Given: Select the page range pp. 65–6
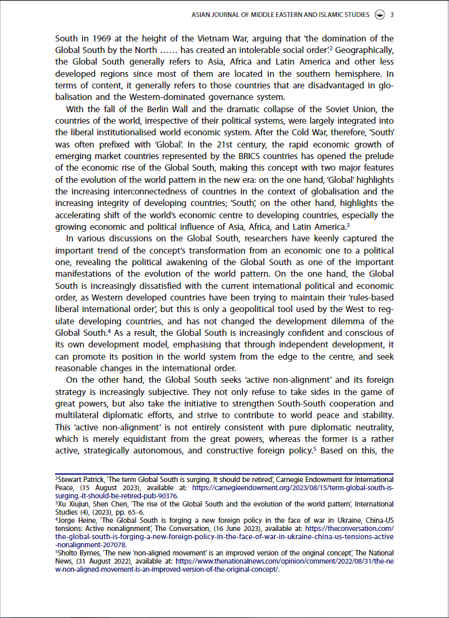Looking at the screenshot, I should click(128, 513).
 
